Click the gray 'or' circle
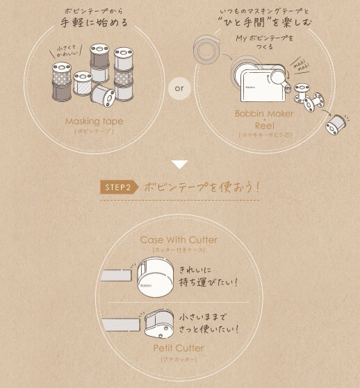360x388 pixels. click(x=179, y=90)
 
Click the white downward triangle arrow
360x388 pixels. click(x=180, y=165)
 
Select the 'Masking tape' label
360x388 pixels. click(x=94, y=121)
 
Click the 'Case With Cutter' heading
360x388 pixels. click(x=179, y=240)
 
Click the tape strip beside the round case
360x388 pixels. click(x=115, y=277)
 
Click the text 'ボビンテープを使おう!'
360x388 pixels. click(x=202, y=187)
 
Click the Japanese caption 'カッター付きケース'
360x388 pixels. click(x=179, y=250)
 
